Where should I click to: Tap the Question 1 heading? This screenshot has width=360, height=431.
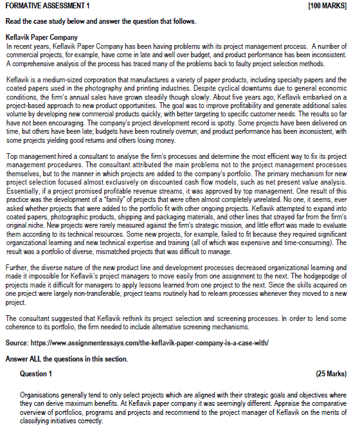coord(37,374)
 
